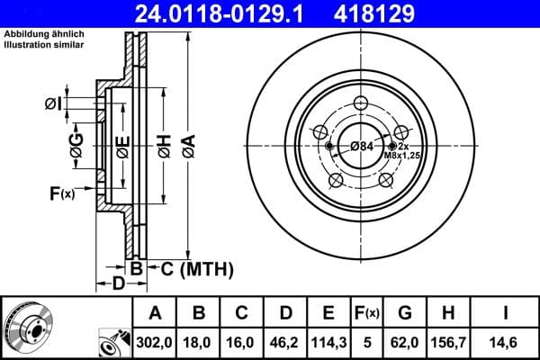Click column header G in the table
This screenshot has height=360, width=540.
[404, 312]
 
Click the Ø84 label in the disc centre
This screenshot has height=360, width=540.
[362, 146]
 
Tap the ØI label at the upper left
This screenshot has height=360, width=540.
[54, 103]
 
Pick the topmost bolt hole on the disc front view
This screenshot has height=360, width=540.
[361, 103]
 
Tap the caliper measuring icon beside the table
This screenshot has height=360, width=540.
[112, 343]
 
